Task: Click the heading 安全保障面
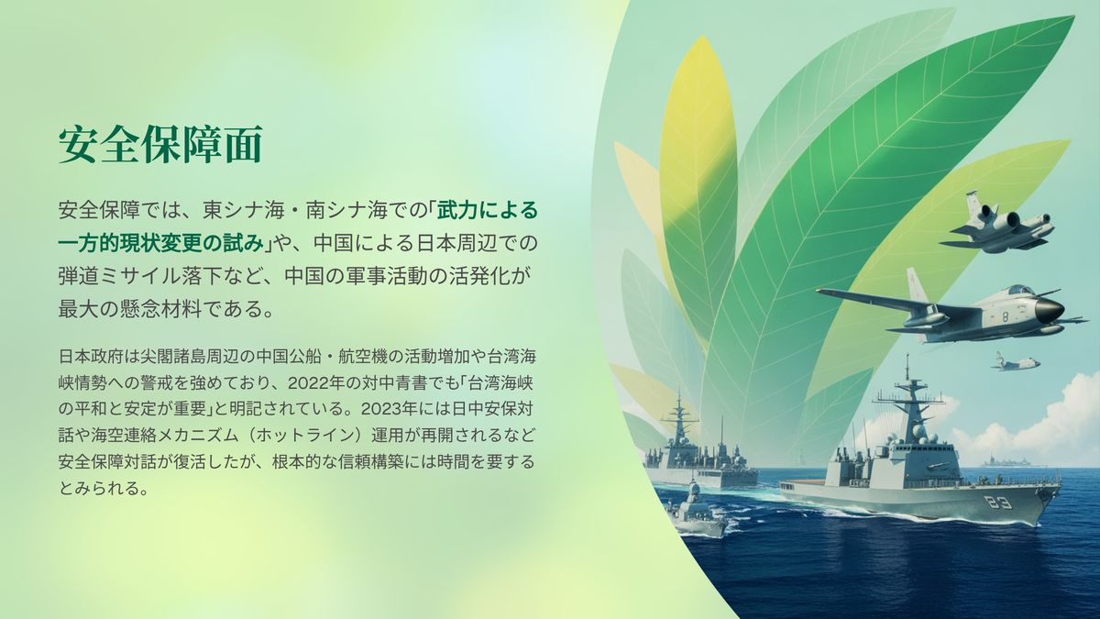pos(160,144)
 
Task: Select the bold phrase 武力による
pos(488,211)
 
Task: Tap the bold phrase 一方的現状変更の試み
pos(161,244)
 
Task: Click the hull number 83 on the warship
pos(997,503)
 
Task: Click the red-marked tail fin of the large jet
pos(917,285)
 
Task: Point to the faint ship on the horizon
pos(1013,462)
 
